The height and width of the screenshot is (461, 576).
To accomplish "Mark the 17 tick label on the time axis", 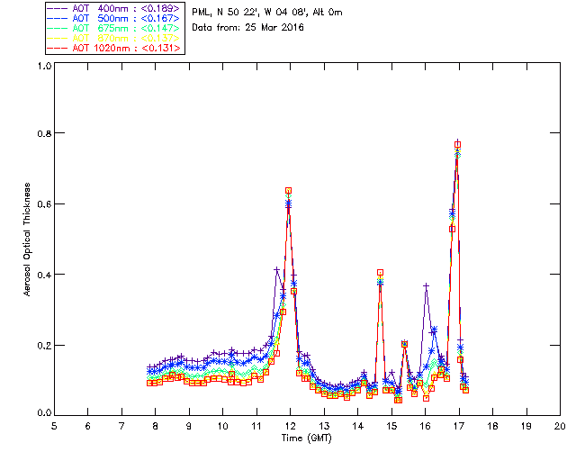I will coord(459,425).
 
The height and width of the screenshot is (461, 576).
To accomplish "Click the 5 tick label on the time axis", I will coord(54,425).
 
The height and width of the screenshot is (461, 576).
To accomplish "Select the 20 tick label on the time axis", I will coord(560,425).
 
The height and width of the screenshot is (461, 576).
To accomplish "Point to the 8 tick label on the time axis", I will coord(156,425).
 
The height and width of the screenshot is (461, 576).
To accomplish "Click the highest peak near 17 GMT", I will coord(458,144).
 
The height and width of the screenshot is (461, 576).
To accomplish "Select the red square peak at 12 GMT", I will coord(288,191).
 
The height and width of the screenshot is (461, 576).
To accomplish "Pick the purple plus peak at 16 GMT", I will coord(426,285).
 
